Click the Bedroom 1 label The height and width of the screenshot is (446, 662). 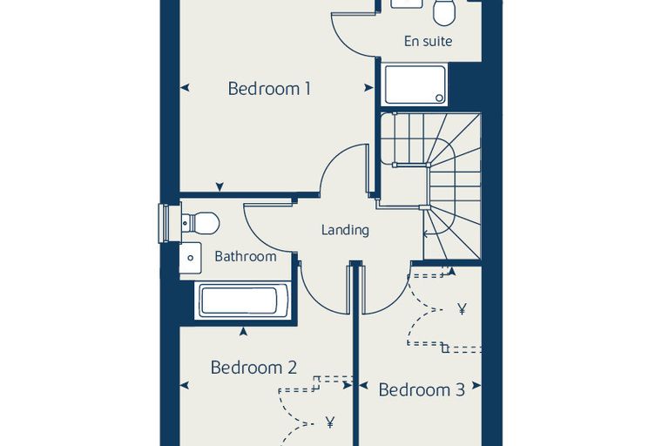269,89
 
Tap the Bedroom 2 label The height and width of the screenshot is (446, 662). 253,368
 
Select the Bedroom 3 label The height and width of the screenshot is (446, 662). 422,389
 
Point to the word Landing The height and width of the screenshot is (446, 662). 345,230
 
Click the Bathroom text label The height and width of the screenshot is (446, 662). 246,256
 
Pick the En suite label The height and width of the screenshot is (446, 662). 428,42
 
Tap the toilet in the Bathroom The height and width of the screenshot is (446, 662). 200,223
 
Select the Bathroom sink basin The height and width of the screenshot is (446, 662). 191,258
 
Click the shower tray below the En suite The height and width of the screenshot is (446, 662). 414,84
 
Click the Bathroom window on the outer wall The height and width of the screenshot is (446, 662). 164,223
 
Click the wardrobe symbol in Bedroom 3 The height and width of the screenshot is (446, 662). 462,309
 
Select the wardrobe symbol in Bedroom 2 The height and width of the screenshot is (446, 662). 330,422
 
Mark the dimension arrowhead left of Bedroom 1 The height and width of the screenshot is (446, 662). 185,88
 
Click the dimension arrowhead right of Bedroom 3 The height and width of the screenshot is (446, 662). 476,385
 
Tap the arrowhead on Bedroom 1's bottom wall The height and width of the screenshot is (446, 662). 220,187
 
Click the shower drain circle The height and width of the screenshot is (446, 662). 440,98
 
